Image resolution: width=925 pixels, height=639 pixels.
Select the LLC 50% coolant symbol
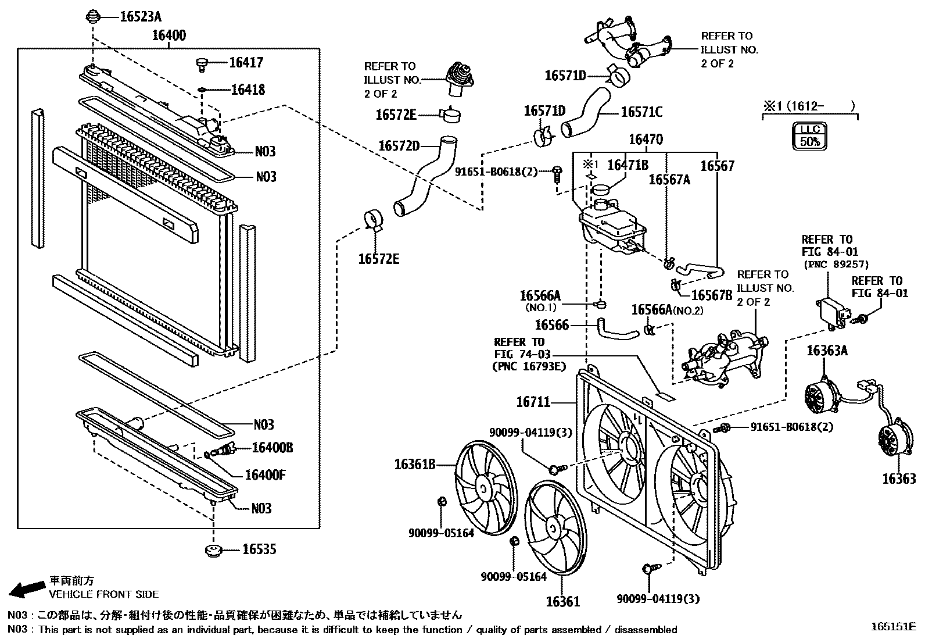pos(809,135)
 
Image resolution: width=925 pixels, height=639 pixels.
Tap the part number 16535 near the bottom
pos(259,549)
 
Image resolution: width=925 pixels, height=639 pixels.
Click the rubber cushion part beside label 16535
pos(214,550)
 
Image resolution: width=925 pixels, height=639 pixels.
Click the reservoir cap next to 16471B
pos(602,190)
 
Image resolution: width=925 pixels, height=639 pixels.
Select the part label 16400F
pos(264,475)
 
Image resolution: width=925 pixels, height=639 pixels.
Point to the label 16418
pos(248,90)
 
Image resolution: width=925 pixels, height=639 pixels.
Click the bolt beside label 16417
pos(202,63)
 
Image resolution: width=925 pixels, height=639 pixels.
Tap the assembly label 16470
pos(645,140)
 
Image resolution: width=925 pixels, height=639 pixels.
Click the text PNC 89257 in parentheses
pos(836,264)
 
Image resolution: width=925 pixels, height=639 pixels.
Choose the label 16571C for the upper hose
pos(641,112)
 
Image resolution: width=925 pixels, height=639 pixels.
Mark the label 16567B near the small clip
pos(712,295)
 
